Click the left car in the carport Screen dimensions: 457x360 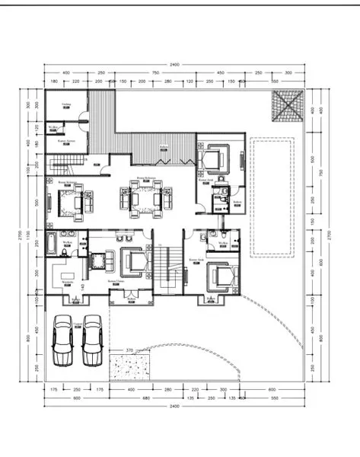pyautogui.click(x=62, y=340)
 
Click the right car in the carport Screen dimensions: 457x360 pyautogui.click(x=93, y=340)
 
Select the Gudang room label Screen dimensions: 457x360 pyautogui.click(x=66, y=104)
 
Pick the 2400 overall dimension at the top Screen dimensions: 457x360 pyautogui.click(x=174, y=65)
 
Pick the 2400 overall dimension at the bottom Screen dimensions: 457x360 pyautogui.click(x=174, y=406)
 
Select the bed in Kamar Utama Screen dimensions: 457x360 pyautogui.click(x=135, y=263)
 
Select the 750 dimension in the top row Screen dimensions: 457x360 pyautogui.click(x=155, y=73)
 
